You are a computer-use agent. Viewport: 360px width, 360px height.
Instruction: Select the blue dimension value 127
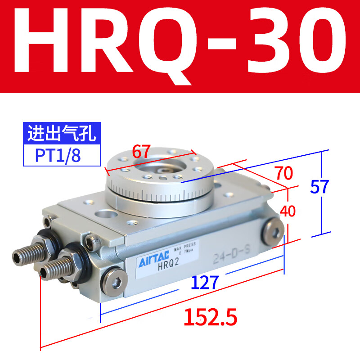coord(205,283)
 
